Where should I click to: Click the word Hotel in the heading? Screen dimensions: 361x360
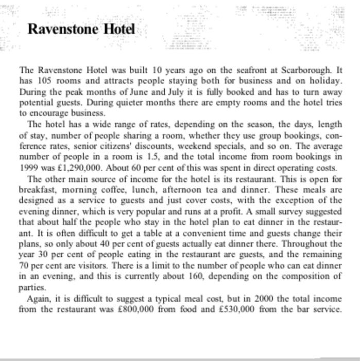[119, 29]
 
